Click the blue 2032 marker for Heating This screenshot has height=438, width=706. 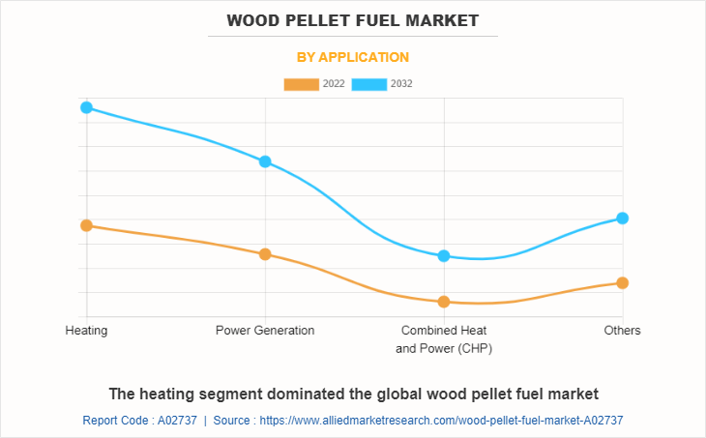click(x=86, y=107)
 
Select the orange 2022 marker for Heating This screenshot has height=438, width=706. click(x=86, y=225)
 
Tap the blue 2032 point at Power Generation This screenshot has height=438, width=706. click(x=265, y=161)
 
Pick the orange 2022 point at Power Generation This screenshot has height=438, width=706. click(x=265, y=254)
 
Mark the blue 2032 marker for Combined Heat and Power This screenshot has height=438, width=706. click(x=444, y=255)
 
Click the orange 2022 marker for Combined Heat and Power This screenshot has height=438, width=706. click(x=444, y=302)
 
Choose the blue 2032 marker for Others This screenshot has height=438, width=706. click(x=623, y=218)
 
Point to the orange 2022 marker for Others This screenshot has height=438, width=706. click(x=623, y=282)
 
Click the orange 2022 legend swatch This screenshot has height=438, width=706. click(x=302, y=84)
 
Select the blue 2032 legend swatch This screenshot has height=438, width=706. click(x=369, y=84)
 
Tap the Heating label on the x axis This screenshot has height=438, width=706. click(x=86, y=331)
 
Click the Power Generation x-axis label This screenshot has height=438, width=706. click(x=265, y=331)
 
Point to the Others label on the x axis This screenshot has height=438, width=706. click(x=623, y=331)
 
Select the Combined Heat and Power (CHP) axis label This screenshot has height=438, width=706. click(x=444, y=339)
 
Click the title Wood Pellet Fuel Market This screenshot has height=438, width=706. click(x=353, y=20)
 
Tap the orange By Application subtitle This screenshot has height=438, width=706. click(x=353, y=57)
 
